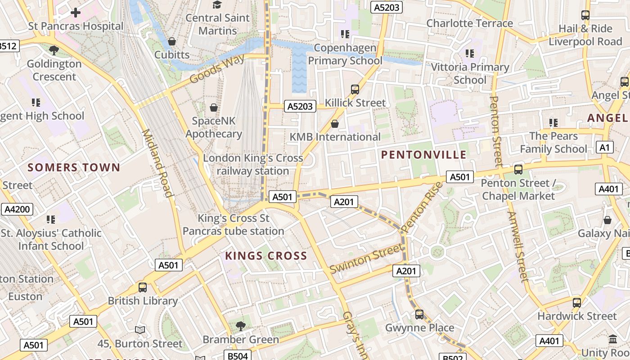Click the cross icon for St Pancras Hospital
(76, 13)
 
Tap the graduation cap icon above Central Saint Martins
(217, 5)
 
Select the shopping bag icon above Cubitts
(172, 42)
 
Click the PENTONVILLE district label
(423, 155)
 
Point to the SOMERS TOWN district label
(74, 168)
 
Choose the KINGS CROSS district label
(266, 256)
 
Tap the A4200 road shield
(17, 209)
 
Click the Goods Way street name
(217, 69)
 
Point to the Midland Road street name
(157, 163)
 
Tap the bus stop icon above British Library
(143, 287)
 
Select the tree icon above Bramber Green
(241, 326)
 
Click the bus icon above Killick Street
(355, 90)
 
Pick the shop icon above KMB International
(335, 123)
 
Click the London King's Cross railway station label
(253, 165)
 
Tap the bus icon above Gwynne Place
(419, 314)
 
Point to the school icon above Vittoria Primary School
(470, 54)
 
